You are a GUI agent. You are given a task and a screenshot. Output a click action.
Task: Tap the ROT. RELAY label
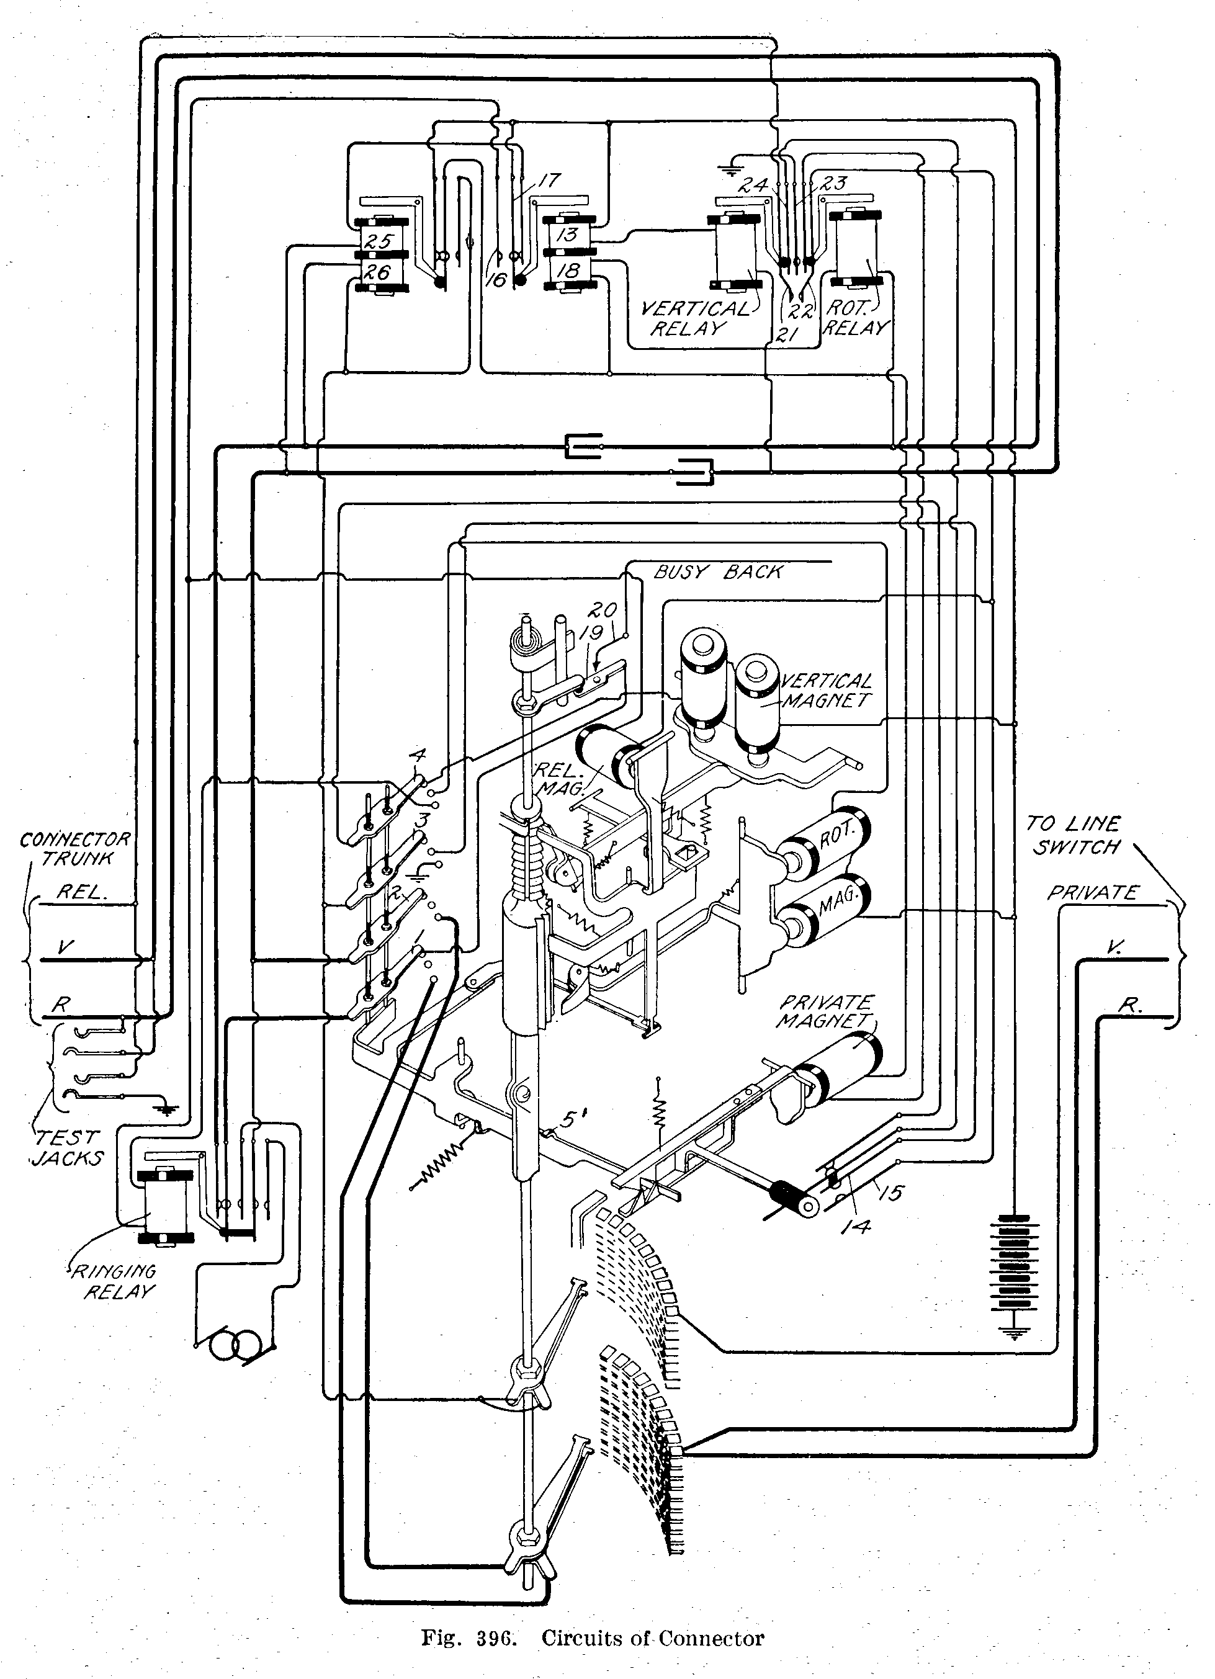coord(856,318)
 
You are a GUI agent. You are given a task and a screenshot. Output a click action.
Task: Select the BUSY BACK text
coord(717,572)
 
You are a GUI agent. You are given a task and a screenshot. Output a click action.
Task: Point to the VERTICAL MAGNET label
coord(825,690)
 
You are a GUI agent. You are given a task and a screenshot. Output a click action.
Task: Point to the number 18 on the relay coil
coord(567,271)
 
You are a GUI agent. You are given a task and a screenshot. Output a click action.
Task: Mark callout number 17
coord(549,180)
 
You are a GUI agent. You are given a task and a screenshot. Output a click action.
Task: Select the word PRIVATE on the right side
coord(1092,893)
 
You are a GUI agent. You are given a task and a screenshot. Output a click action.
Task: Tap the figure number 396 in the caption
coord(495,1637)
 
